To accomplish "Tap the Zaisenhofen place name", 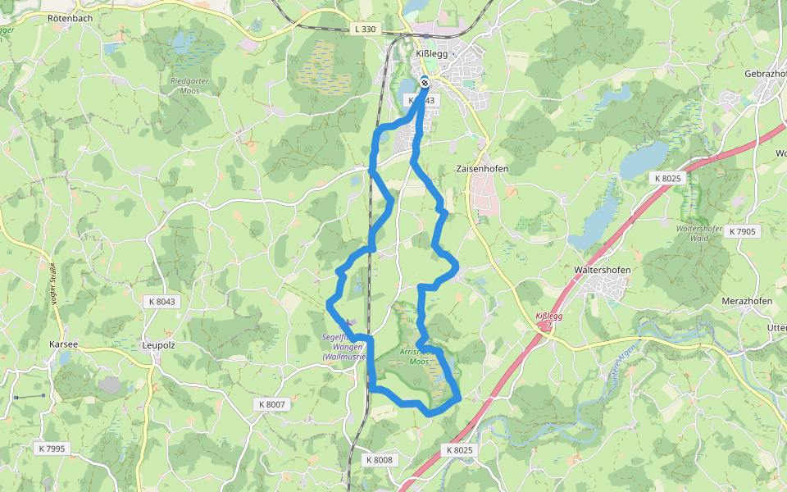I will [x=482, y=169].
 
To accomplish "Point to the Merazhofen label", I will [x=747, y=301].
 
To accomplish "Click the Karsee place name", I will [x=63, y=344].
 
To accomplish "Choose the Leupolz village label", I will [x=159, y=345].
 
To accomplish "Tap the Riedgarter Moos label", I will [x=189, y=86].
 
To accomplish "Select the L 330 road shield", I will [x=366, y=29].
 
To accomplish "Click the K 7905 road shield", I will [x=742, y=232].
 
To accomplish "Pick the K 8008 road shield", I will [x=380, y=460].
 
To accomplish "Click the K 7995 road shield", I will [x=52, y=449].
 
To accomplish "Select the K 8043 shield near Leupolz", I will [x=162, y=302].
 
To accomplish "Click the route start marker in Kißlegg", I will [x=425, y=81].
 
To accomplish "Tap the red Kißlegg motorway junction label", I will [x=548, y=317].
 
